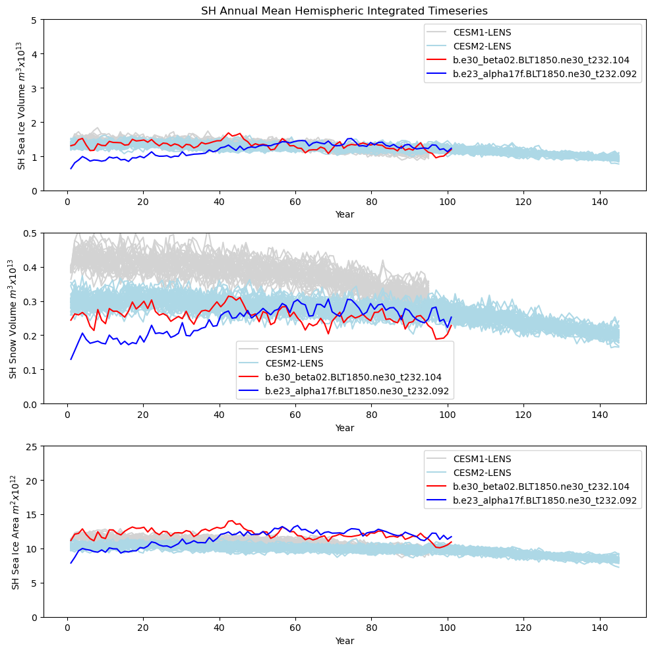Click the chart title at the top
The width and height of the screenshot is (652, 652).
point(344,11)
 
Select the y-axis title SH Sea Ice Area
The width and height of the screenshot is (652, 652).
point(14,532)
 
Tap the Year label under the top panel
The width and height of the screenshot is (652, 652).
point(344,214)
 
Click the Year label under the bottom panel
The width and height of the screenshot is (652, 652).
point(344,641)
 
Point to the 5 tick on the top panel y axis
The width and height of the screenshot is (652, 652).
point(33,20)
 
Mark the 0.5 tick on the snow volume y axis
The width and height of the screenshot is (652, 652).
point(29,233)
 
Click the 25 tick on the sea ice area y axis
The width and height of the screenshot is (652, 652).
point(30,446)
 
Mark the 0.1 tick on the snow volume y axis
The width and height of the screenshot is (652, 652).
point(29,370)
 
